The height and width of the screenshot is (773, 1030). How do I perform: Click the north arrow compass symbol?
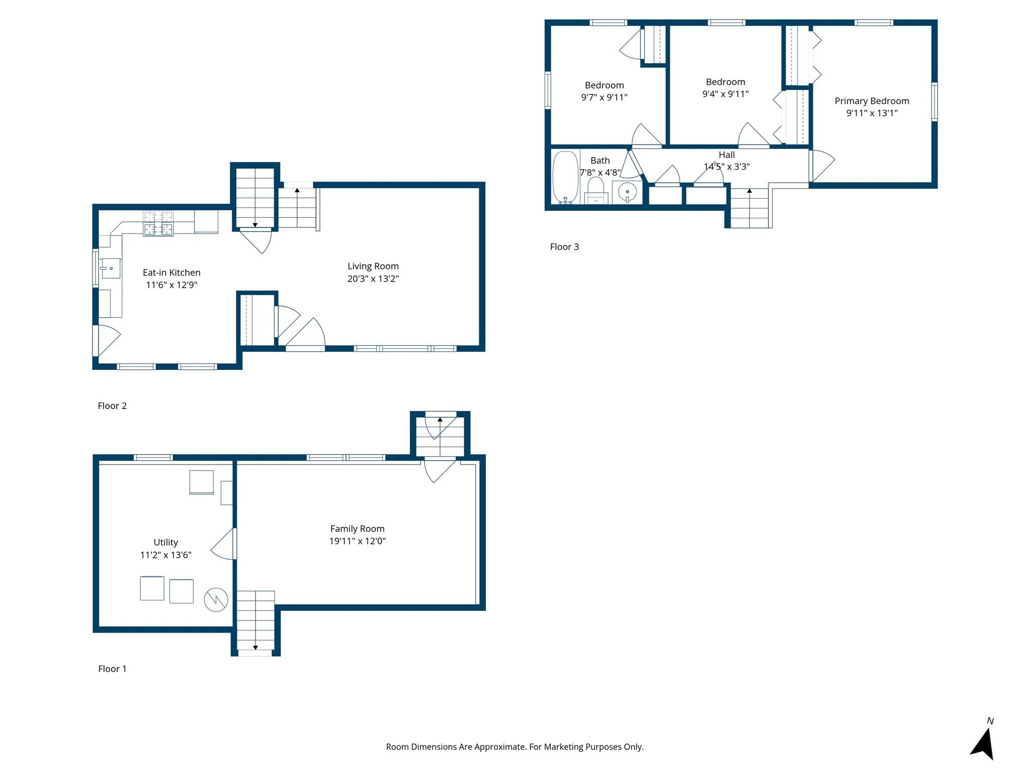click(x=984, y=743)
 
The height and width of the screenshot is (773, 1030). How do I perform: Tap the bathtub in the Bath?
click(x=565, y=177)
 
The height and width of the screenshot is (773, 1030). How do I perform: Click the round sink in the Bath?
click(x=627, y=192)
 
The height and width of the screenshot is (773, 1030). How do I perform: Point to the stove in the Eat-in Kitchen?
click(x=158, y=223)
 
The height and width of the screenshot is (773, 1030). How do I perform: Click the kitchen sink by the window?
click(x=111, y=268)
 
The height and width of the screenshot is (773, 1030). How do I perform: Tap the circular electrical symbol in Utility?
click(x=216, y=599)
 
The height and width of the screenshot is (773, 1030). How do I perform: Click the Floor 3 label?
click(x=564, y=247)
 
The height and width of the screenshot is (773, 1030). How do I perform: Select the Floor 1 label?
click(x=112, y=669)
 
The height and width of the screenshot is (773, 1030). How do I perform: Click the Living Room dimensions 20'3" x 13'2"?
click(x=373, y=279)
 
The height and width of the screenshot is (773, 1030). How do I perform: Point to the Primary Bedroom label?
click(x=872, y=101)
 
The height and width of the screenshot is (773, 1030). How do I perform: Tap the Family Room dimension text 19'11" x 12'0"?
click(x=357, y=542)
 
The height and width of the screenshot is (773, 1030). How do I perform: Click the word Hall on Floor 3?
click(x=726, y=155)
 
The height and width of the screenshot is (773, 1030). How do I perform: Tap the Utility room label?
click(x=165, y=543)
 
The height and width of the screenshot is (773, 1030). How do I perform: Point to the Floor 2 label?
click(x=112, y=406)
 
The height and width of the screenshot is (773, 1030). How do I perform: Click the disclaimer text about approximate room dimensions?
click(x=514, y=747)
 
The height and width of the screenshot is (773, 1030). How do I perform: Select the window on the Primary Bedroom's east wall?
click(x=934, y=102)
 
